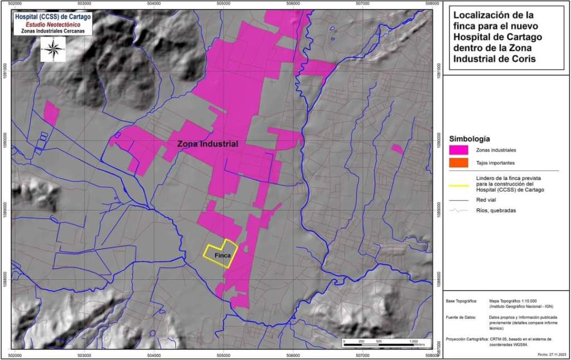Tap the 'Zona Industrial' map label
[x=207, y=144]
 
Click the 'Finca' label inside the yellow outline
[x=222, y=256]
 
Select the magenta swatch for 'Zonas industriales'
[x=458, y=150]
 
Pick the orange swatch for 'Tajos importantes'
[x=458, y=163]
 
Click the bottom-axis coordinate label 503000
[x=84, y=354]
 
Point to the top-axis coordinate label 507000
[x=362, y=3]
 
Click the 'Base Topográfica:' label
[x=461, y=301]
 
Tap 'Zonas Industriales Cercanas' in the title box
[x=54, y=31]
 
